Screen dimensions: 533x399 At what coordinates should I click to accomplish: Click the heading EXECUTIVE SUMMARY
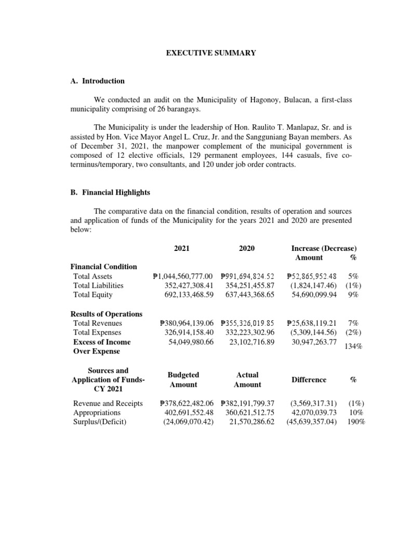[210, 53]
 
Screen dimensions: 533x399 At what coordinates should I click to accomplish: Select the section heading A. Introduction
[97, 81]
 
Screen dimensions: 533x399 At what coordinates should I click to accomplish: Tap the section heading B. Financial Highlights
[110, 192]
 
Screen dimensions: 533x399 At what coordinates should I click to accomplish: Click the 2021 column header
[182, 248]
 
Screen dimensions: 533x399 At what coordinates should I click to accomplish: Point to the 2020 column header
[247, 248]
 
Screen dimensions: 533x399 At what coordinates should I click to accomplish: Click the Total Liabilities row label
[98, 285]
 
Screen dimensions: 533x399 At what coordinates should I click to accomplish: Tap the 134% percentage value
[354, 347]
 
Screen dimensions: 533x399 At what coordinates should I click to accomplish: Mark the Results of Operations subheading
[106, 314]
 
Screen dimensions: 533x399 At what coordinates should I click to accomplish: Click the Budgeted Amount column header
[183, 379]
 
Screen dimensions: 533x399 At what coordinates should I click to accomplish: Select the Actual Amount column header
[247, 379]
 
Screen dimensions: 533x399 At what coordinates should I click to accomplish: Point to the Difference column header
[309, 379]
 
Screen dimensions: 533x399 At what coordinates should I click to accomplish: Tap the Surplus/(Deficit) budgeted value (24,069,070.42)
[184, 422]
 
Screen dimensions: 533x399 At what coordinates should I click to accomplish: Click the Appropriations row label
[97, 413]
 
